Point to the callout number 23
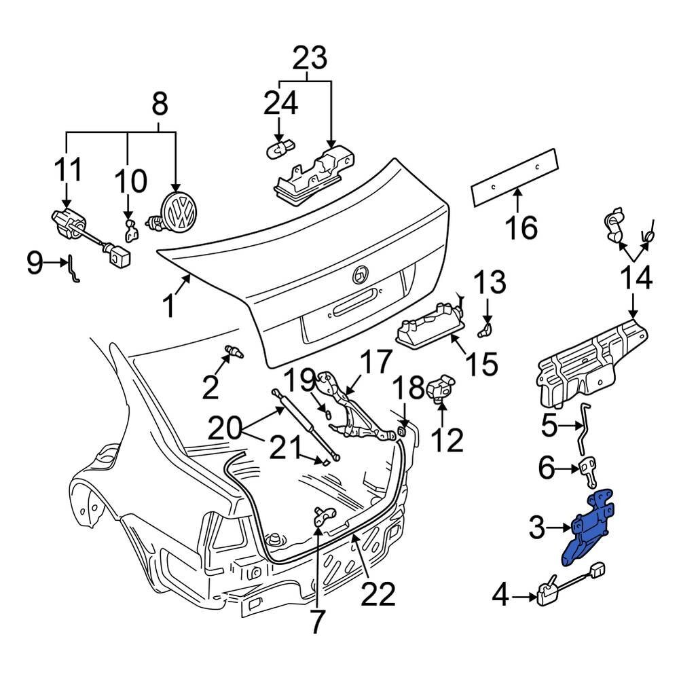tap(310, 59)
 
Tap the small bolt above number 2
tap(234, 352)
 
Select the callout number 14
tap(636, 279)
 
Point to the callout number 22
tap(378, 595)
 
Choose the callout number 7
tap(317, 621)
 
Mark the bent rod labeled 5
tap(583, 428)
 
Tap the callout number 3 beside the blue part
tap(536, 528)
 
